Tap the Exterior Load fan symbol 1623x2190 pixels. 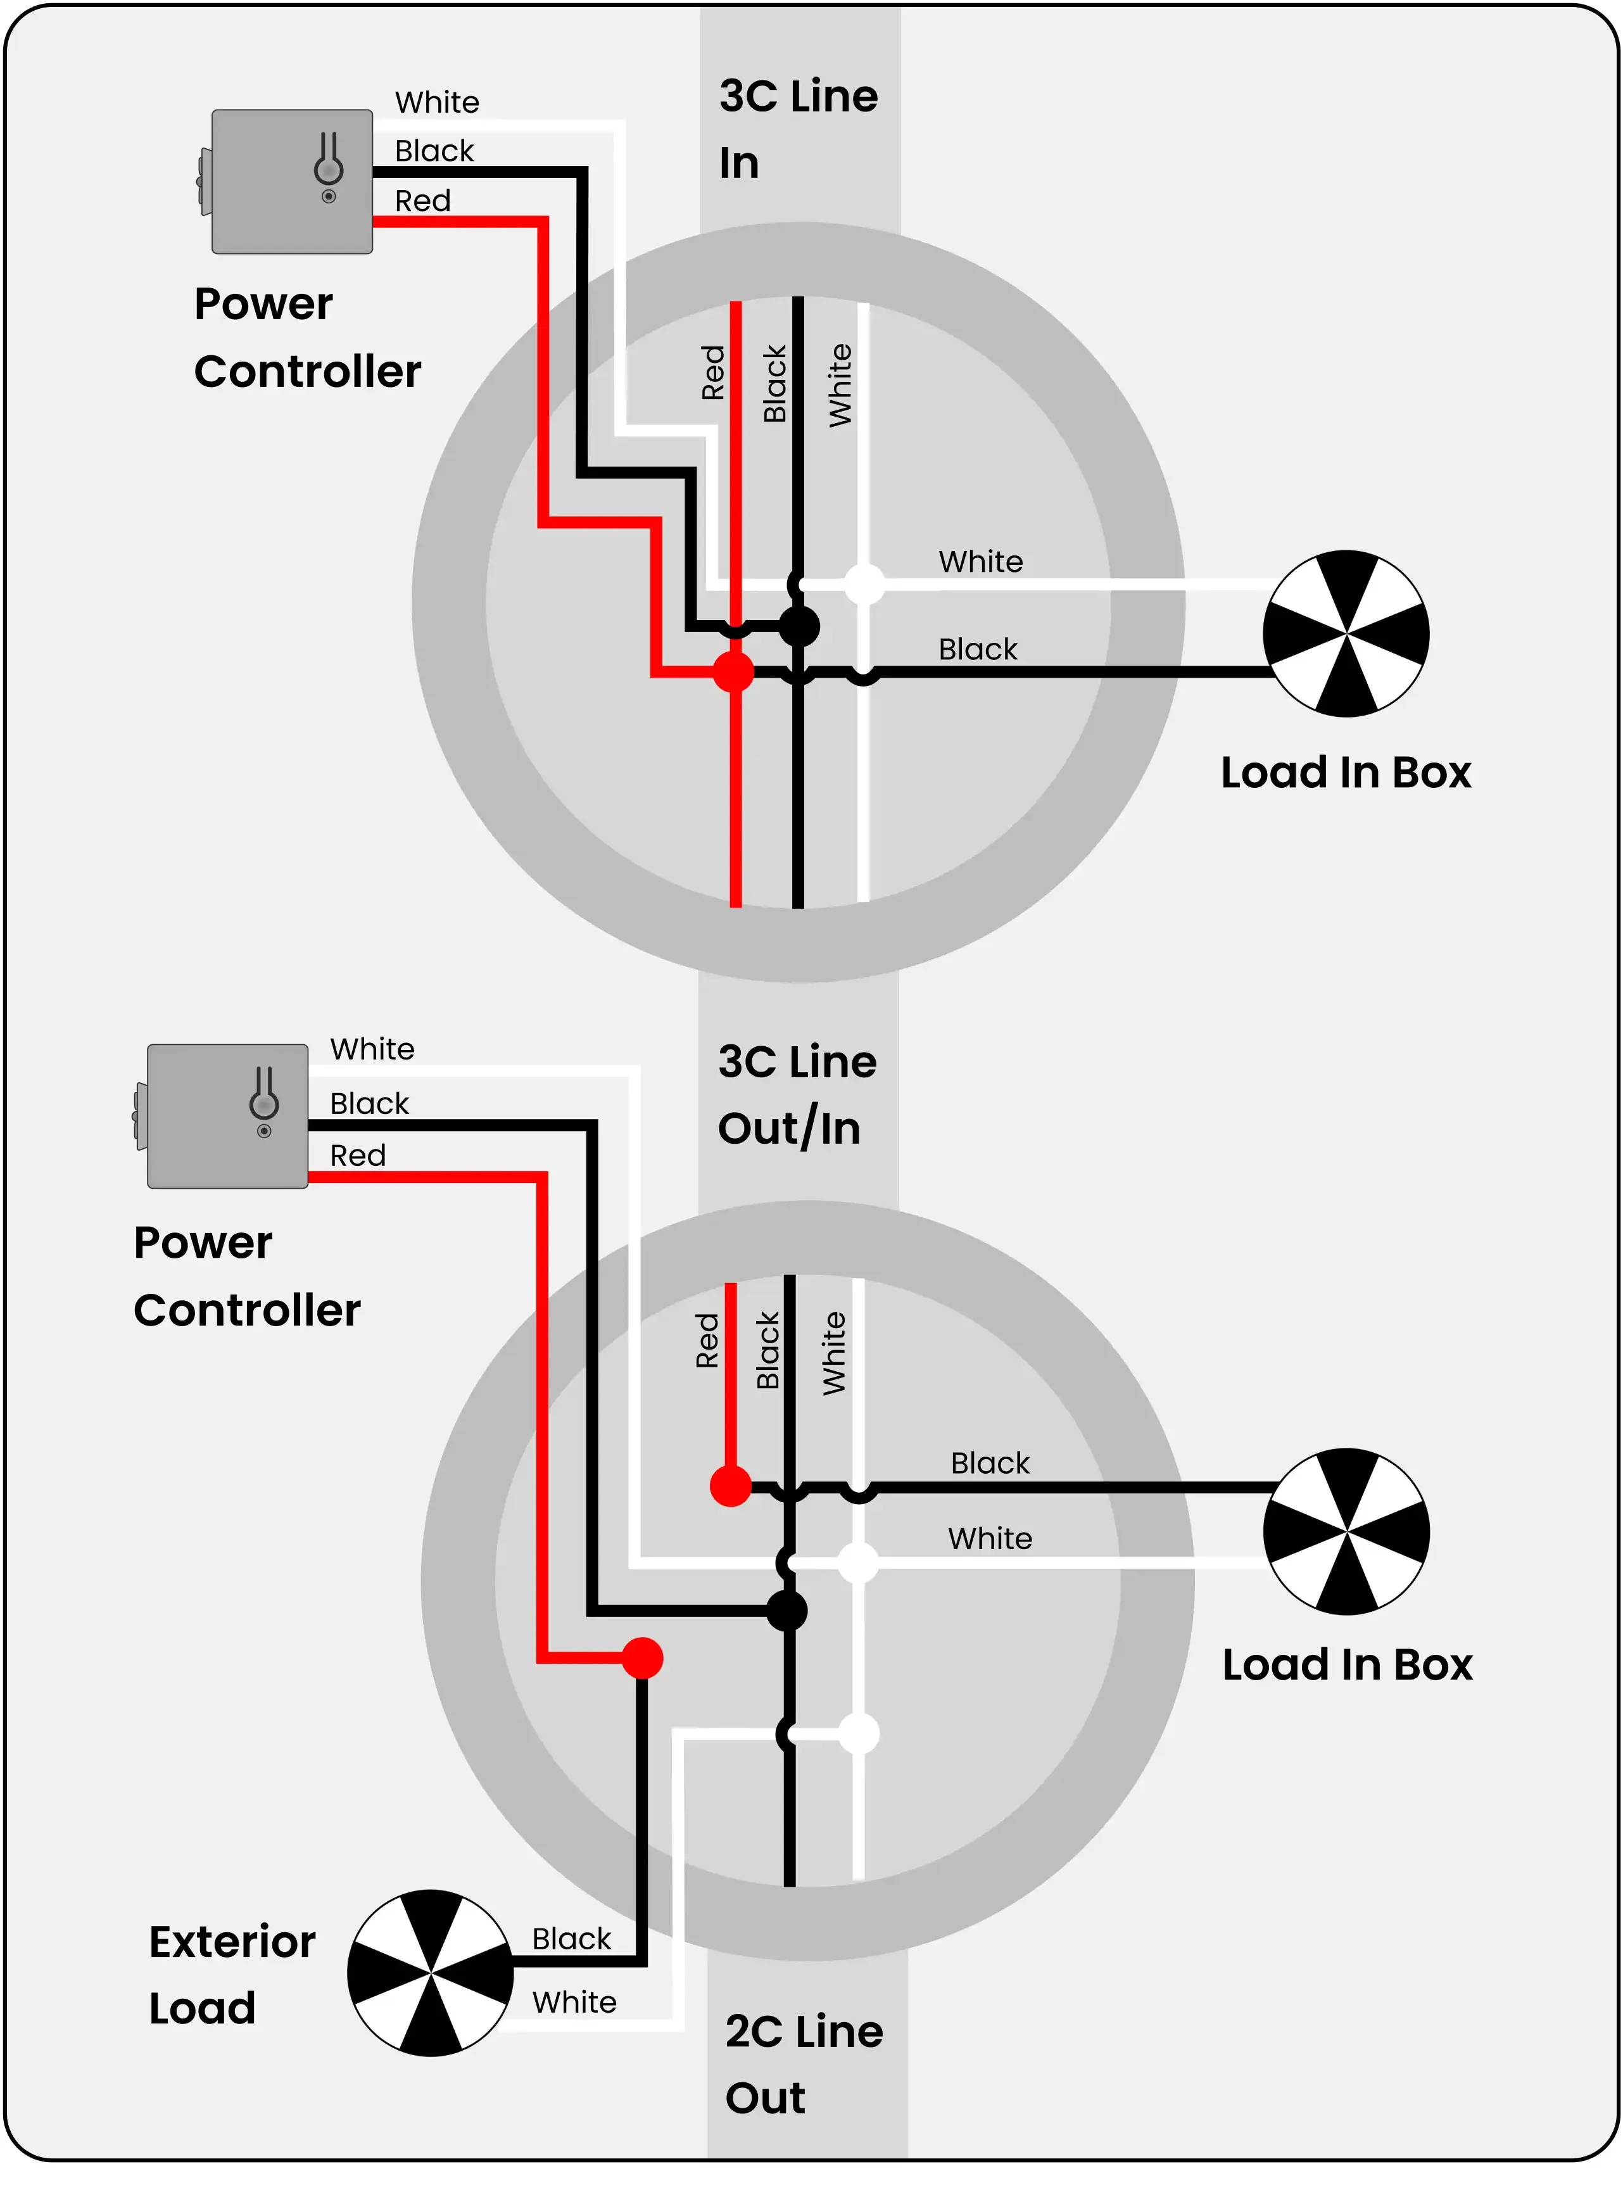[431, 1973]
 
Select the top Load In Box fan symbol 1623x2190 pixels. [1346, 633]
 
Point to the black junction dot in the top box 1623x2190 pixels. [799, 626]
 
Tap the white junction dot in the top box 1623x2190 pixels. [864, 584]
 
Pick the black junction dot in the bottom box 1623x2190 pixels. [787, 1611]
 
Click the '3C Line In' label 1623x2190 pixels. [799, 129]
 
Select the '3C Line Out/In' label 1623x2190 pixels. [797, 1094]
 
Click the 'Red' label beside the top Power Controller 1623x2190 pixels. [422, 200]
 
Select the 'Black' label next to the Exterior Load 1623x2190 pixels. [572, 1939]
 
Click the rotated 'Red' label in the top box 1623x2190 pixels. [712, 372]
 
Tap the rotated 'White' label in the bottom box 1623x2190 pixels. [833, 1353]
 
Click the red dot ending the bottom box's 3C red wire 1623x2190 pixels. [731, 1486]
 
